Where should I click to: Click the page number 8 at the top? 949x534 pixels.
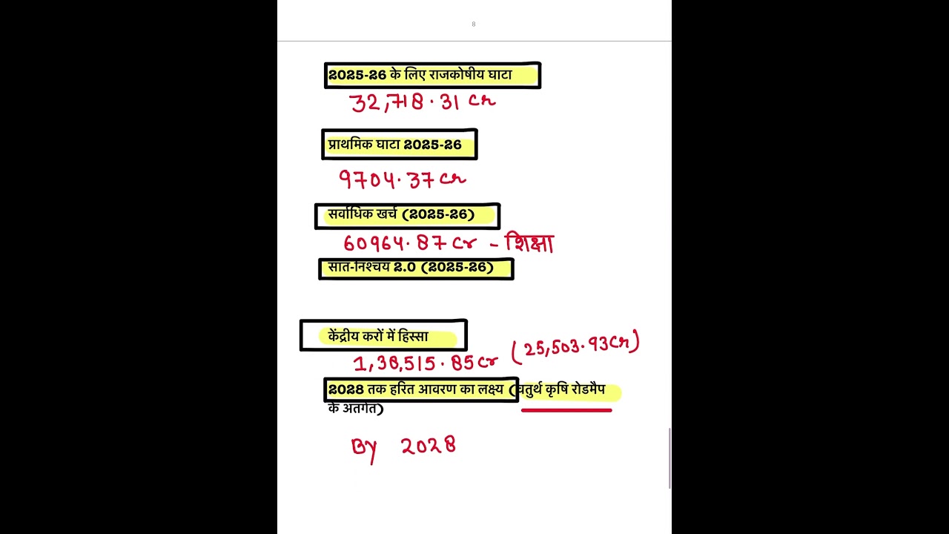click(474, 24)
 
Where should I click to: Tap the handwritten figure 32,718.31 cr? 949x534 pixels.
click(423, 102)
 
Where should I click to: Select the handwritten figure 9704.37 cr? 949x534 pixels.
click(403, 179)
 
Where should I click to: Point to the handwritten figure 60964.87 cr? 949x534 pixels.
click(410, 243)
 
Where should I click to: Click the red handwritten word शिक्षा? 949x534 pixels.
click(529, 243)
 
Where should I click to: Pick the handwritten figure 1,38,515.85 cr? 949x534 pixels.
click(426, 363)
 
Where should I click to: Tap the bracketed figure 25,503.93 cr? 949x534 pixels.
click(575, 347)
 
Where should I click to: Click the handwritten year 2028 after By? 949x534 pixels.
click(429, 446)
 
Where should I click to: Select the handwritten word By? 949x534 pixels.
click(364, 450)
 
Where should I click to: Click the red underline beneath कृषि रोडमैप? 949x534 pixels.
click(566, 410)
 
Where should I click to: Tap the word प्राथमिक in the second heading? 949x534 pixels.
click(351, 145)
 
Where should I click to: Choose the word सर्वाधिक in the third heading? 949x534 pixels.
click(351, 214)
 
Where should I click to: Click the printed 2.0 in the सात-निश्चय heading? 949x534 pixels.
click(405, 268)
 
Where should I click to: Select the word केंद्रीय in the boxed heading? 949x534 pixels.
click(348, 337)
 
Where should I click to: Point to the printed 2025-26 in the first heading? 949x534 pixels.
click(357, 75)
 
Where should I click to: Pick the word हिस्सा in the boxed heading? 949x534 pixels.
click(413, 337)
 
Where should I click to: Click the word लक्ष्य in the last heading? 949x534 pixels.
click(491, 389)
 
